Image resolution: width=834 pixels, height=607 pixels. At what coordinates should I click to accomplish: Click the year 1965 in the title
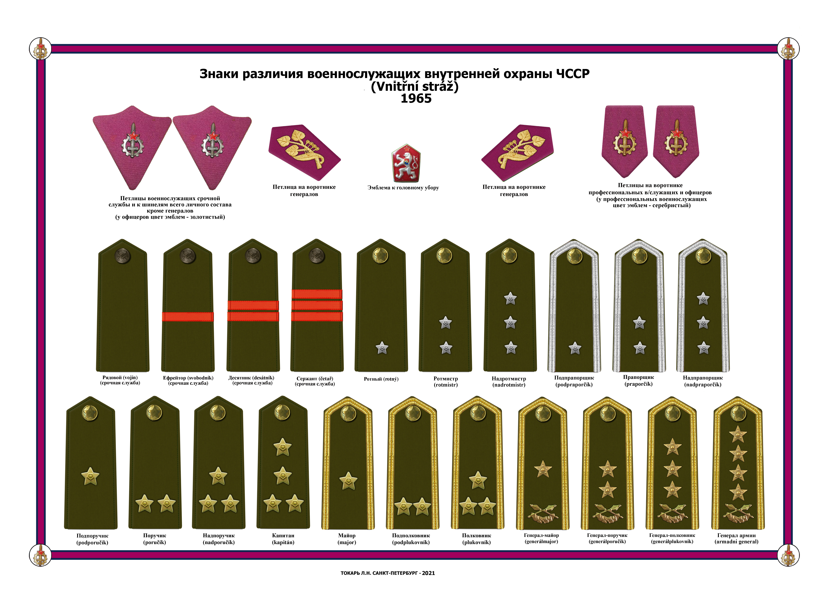point(416,98)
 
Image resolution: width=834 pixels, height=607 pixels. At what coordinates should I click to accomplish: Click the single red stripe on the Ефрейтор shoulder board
point(188,317)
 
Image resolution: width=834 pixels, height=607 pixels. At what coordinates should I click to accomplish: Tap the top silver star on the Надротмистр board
point(510,298)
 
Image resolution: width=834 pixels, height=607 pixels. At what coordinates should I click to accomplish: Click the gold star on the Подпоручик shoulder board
point(90,477)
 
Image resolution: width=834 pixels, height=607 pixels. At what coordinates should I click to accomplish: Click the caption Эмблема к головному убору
point(403,188)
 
